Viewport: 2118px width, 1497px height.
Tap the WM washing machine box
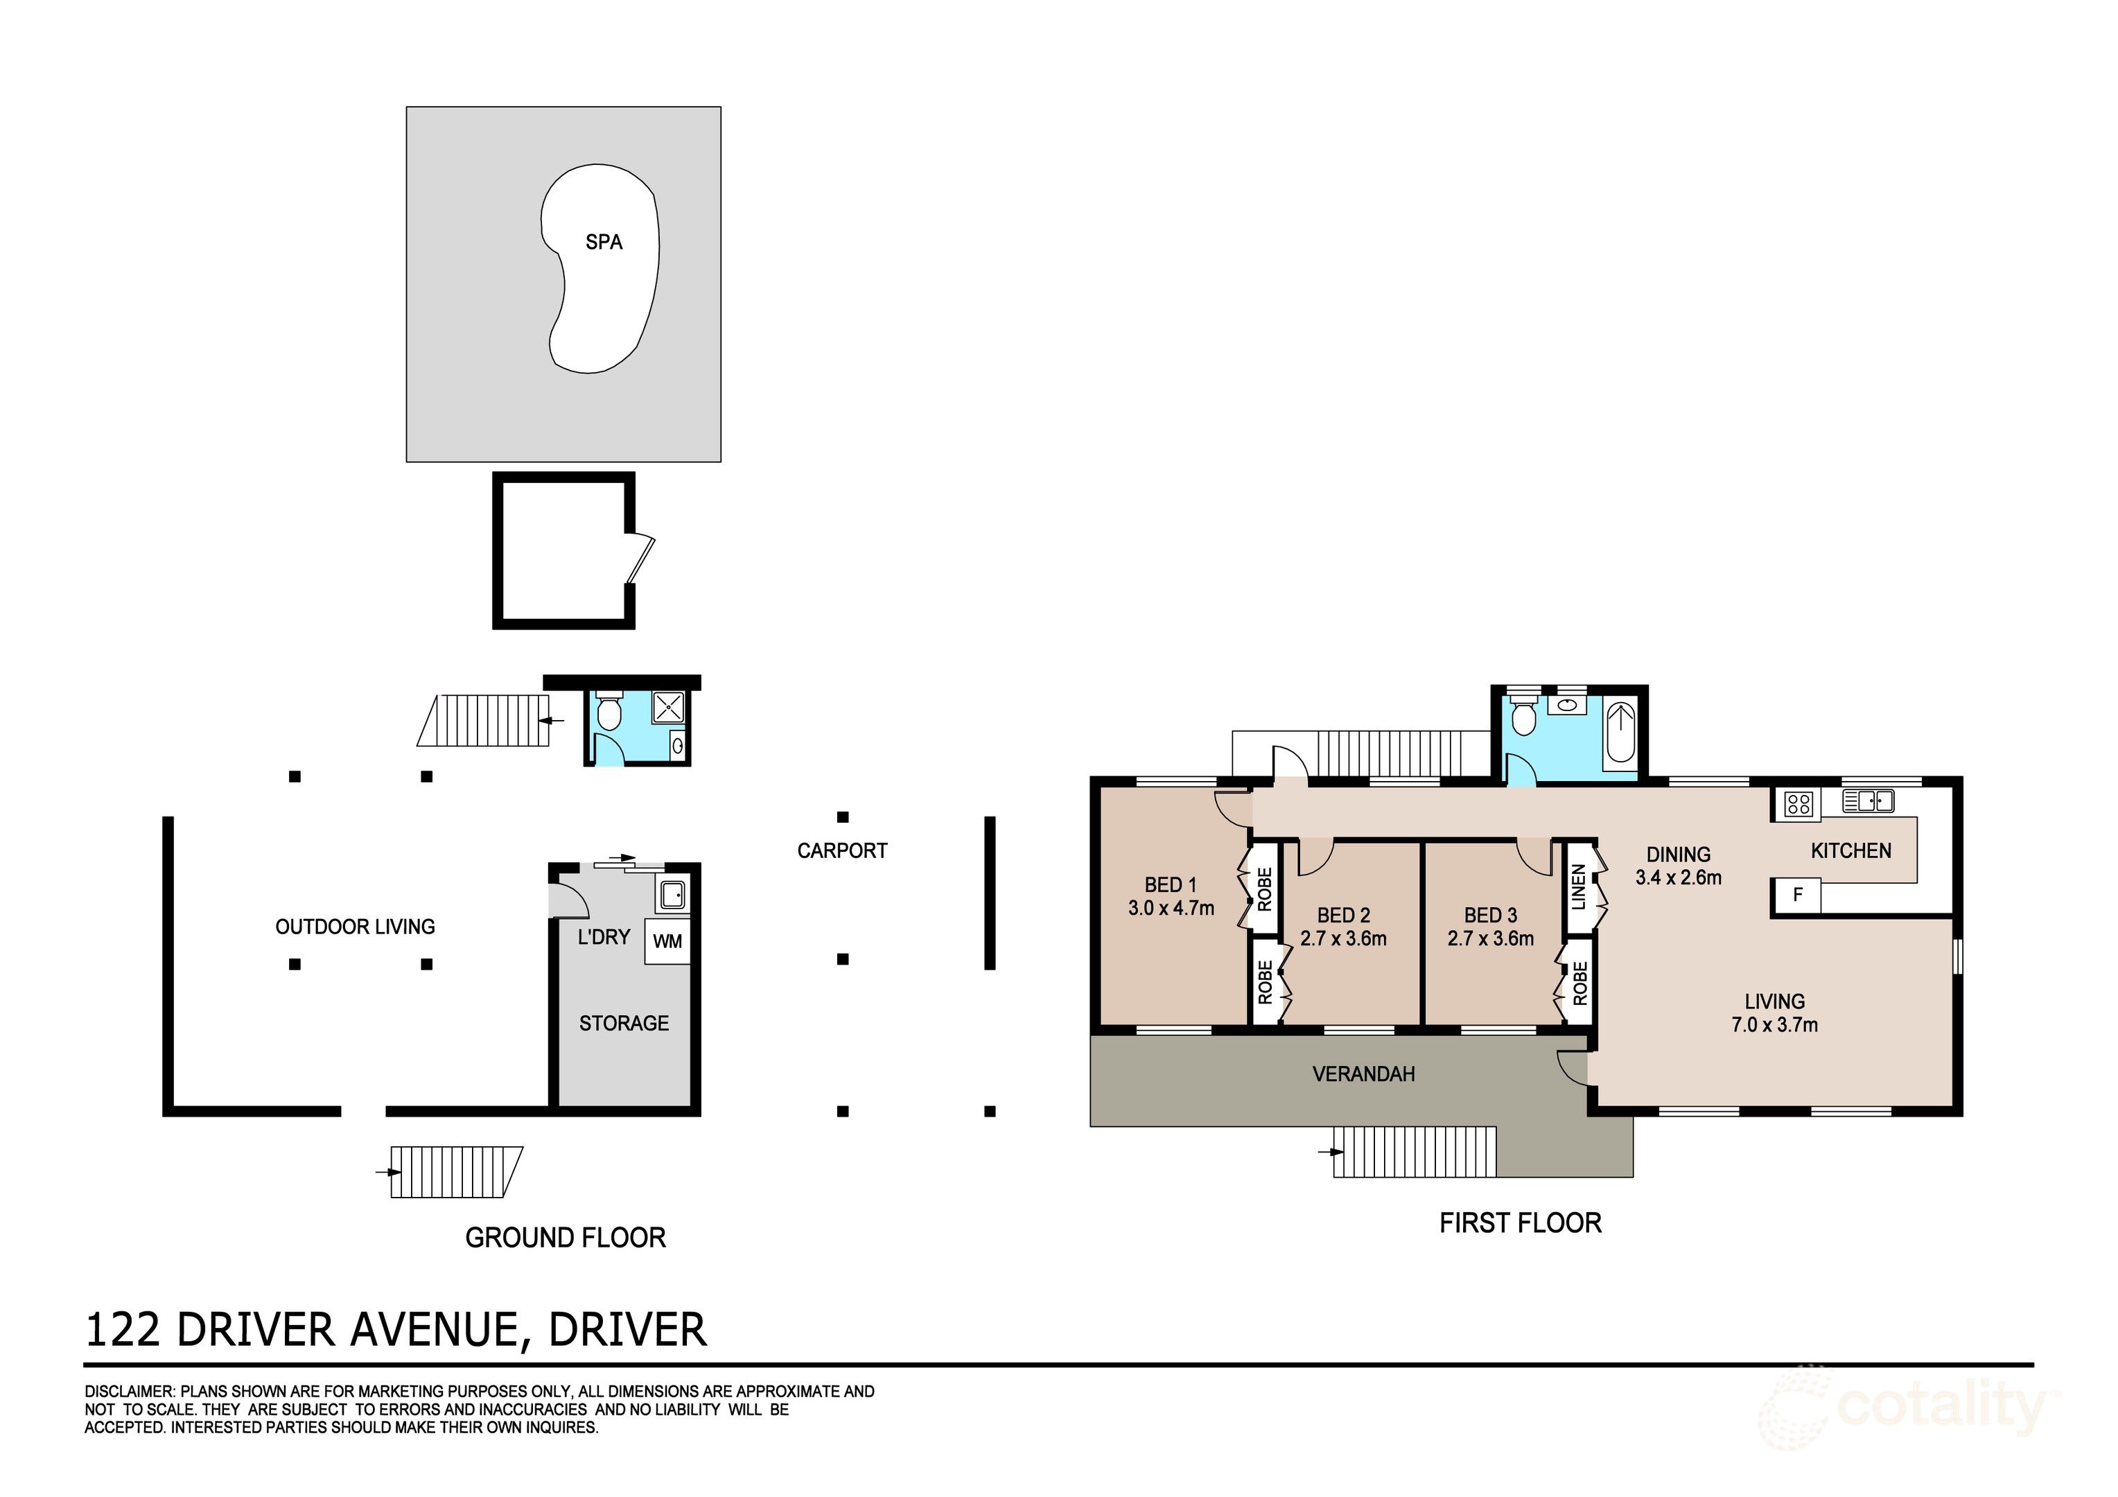667,940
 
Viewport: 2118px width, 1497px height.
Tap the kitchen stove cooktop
1798,805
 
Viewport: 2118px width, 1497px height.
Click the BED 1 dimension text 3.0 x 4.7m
1171,908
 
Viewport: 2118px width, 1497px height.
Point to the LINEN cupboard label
1578,886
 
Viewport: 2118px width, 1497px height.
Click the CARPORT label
841,850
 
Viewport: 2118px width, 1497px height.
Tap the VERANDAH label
1363,1074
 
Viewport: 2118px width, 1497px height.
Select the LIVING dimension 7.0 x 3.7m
1774,1025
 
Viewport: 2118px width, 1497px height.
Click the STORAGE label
624,1023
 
